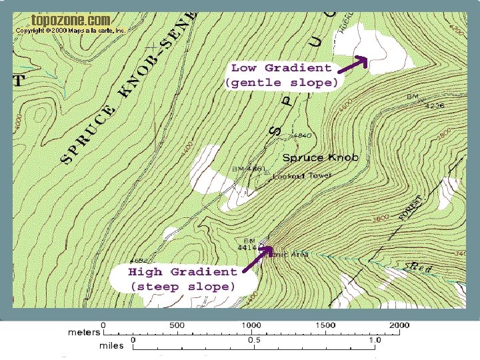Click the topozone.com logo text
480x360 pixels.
(70, 21)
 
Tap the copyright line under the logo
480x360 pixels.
(70, 31)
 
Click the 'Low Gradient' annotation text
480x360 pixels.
(281, 68)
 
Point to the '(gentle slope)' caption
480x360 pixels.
(282, 83)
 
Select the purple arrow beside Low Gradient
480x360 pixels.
(353, 64)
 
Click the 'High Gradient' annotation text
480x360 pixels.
(183, 272)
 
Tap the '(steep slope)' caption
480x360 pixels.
(183, 287)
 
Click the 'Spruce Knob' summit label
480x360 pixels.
(321, 158)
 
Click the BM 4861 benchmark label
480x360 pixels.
(249, 169)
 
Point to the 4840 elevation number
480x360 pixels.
(301, 136)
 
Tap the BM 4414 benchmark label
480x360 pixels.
(247, 244)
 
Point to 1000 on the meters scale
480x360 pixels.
(251, 325)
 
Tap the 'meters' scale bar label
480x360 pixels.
(84, 331)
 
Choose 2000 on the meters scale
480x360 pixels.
(400, 325)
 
